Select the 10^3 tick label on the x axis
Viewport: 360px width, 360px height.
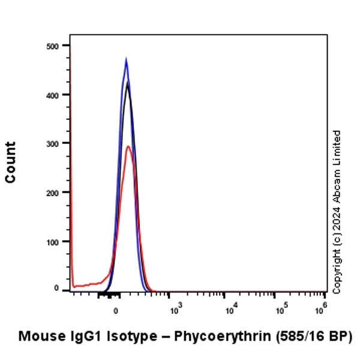[175, 311]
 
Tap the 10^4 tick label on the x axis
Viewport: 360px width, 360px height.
[229, 311]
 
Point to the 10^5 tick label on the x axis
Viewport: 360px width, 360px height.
[280, 311]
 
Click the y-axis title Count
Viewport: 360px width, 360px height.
[11, 162]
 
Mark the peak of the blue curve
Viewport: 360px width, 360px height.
[126, 59]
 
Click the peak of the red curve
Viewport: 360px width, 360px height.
[128, 146]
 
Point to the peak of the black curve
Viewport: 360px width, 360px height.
[127, 82]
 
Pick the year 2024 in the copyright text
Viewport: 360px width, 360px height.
[337, 222]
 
